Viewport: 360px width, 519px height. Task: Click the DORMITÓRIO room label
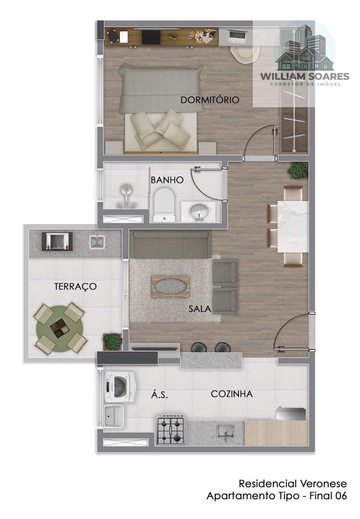click(210, 99)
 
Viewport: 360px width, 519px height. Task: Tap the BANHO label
click(167, 180)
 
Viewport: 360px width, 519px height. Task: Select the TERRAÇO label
click(75, 286)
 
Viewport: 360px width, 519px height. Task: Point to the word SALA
click(199, 309)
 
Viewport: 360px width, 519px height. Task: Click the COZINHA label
click(232, 394)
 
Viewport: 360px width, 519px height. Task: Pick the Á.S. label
click(160, 395)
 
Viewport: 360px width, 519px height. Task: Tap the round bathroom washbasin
click(199, 210)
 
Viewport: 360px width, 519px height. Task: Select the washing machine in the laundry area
click(120, 386)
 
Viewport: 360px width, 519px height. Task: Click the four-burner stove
click(171, 430)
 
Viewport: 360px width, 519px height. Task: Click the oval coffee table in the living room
click(171, 285)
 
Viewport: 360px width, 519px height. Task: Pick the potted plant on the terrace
click(112, 341)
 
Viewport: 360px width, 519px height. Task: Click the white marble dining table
click(293, 226)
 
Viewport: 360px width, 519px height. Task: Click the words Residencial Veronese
click(293, 483)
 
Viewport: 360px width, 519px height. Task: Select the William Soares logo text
click(304, 76)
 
